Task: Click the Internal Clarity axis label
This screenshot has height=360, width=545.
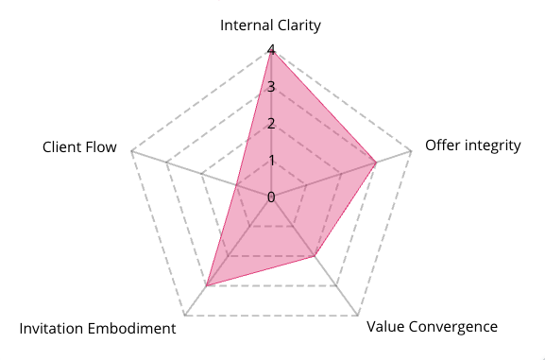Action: coord(270,26)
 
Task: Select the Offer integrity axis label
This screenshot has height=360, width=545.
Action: coord(472,146)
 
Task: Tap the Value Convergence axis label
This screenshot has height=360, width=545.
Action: coord(432,327)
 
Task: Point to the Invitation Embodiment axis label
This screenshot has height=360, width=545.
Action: coord(97,329)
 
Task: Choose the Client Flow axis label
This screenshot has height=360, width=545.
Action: coord(79,147)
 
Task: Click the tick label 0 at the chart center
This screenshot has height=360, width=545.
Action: coord(271,197)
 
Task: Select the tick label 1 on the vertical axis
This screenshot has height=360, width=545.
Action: coord(271,161)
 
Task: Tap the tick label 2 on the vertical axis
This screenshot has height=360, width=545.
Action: coord(271,124)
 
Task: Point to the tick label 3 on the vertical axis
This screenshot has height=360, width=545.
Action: coord(271,87)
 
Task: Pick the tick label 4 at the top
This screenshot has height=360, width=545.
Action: coord(271,50)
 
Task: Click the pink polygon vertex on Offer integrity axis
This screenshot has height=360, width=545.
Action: coord(376,163)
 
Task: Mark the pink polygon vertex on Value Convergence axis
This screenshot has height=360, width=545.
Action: coord(315,256)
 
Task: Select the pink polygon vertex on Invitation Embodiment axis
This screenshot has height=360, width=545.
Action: coord(207,286)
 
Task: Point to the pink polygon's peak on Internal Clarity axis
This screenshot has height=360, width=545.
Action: coord(271,50)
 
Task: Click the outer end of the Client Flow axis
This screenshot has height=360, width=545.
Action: coord(131,151)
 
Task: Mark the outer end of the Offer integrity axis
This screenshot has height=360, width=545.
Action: coord(411,151)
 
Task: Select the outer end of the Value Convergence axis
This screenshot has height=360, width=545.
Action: coord(358,316)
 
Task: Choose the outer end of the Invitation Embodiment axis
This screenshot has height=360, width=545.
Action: coord(185,316)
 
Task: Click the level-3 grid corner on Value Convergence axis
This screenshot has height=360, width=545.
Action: coord(336,286)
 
